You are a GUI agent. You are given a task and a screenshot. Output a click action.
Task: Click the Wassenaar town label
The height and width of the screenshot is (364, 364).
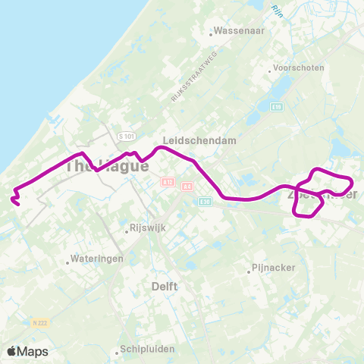point(240,33)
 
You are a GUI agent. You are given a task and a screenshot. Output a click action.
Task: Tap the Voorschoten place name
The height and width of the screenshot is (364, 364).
point(300,67)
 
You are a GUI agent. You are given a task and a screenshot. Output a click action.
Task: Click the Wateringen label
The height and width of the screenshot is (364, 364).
point(96,259)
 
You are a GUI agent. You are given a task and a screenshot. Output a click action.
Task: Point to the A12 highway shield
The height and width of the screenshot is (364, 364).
point(168,182)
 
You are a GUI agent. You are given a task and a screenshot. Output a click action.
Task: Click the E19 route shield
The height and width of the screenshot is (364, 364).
point(276,108)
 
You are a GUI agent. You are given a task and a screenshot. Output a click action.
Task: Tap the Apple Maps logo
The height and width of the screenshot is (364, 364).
point(27,351)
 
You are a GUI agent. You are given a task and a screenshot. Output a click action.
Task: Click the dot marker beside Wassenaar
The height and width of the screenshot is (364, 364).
point(212,33)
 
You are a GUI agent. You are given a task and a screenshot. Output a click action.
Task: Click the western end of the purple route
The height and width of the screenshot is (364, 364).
point(17,202)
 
